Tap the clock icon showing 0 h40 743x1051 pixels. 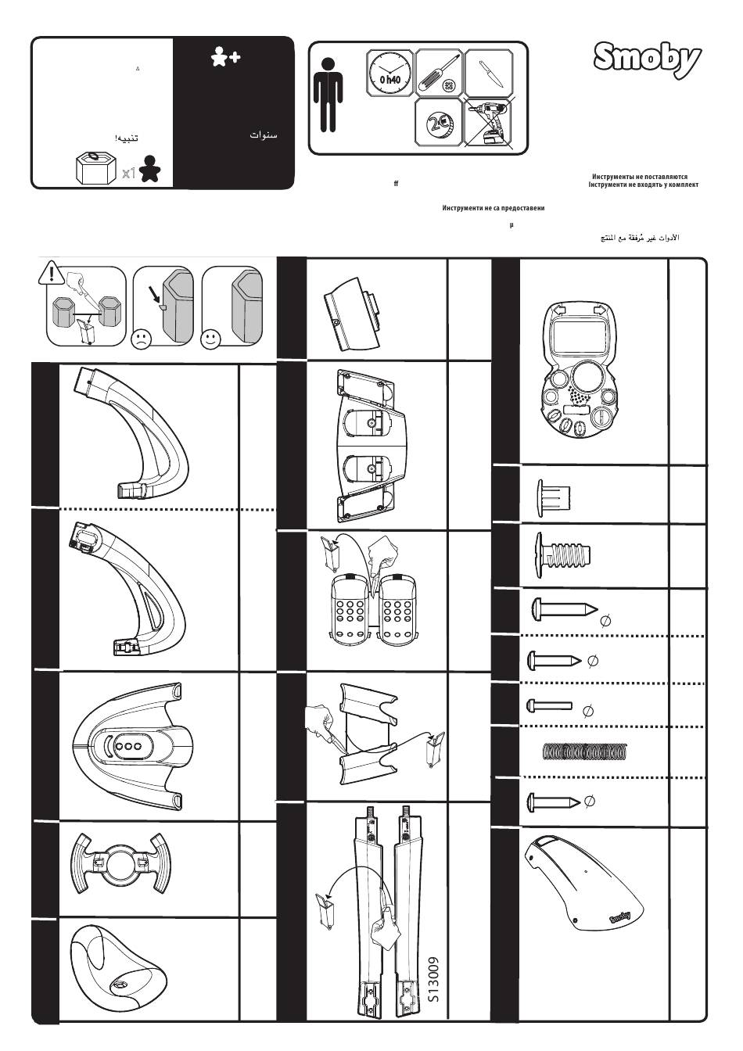[389, 73]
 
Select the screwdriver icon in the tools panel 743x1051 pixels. [438, 73]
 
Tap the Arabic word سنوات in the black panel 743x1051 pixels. [264, 135]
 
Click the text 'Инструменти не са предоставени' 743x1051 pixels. [493, 209]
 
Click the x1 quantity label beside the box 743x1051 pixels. [129, 174]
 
